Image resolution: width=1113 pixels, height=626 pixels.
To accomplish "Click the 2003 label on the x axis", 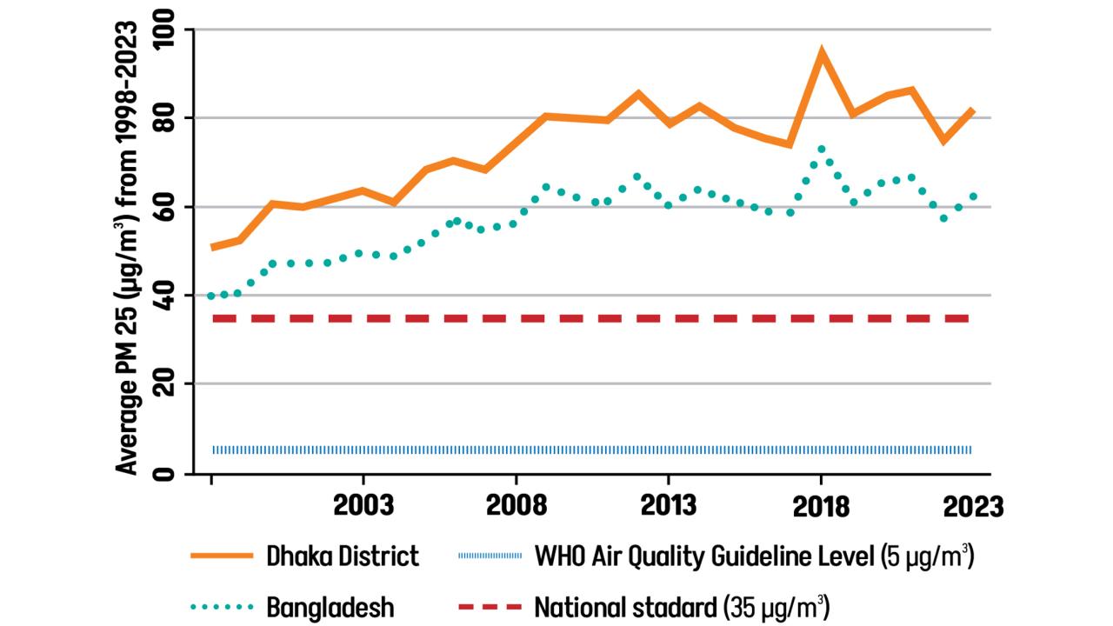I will click(363, 505).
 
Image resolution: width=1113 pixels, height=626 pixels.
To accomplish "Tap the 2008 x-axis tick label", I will click(517, 505).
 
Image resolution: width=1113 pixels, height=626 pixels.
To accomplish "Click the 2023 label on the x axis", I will click(972, 505).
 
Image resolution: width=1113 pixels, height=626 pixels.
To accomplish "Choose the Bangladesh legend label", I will click(330, 606).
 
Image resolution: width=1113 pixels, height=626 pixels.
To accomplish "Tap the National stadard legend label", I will click(680, 606).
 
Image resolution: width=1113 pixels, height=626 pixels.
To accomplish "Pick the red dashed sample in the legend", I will click(487, 606).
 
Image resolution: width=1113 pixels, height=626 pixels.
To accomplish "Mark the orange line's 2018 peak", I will click(821, 53).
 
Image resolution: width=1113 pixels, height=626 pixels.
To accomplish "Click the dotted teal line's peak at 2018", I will click(821, 149).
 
